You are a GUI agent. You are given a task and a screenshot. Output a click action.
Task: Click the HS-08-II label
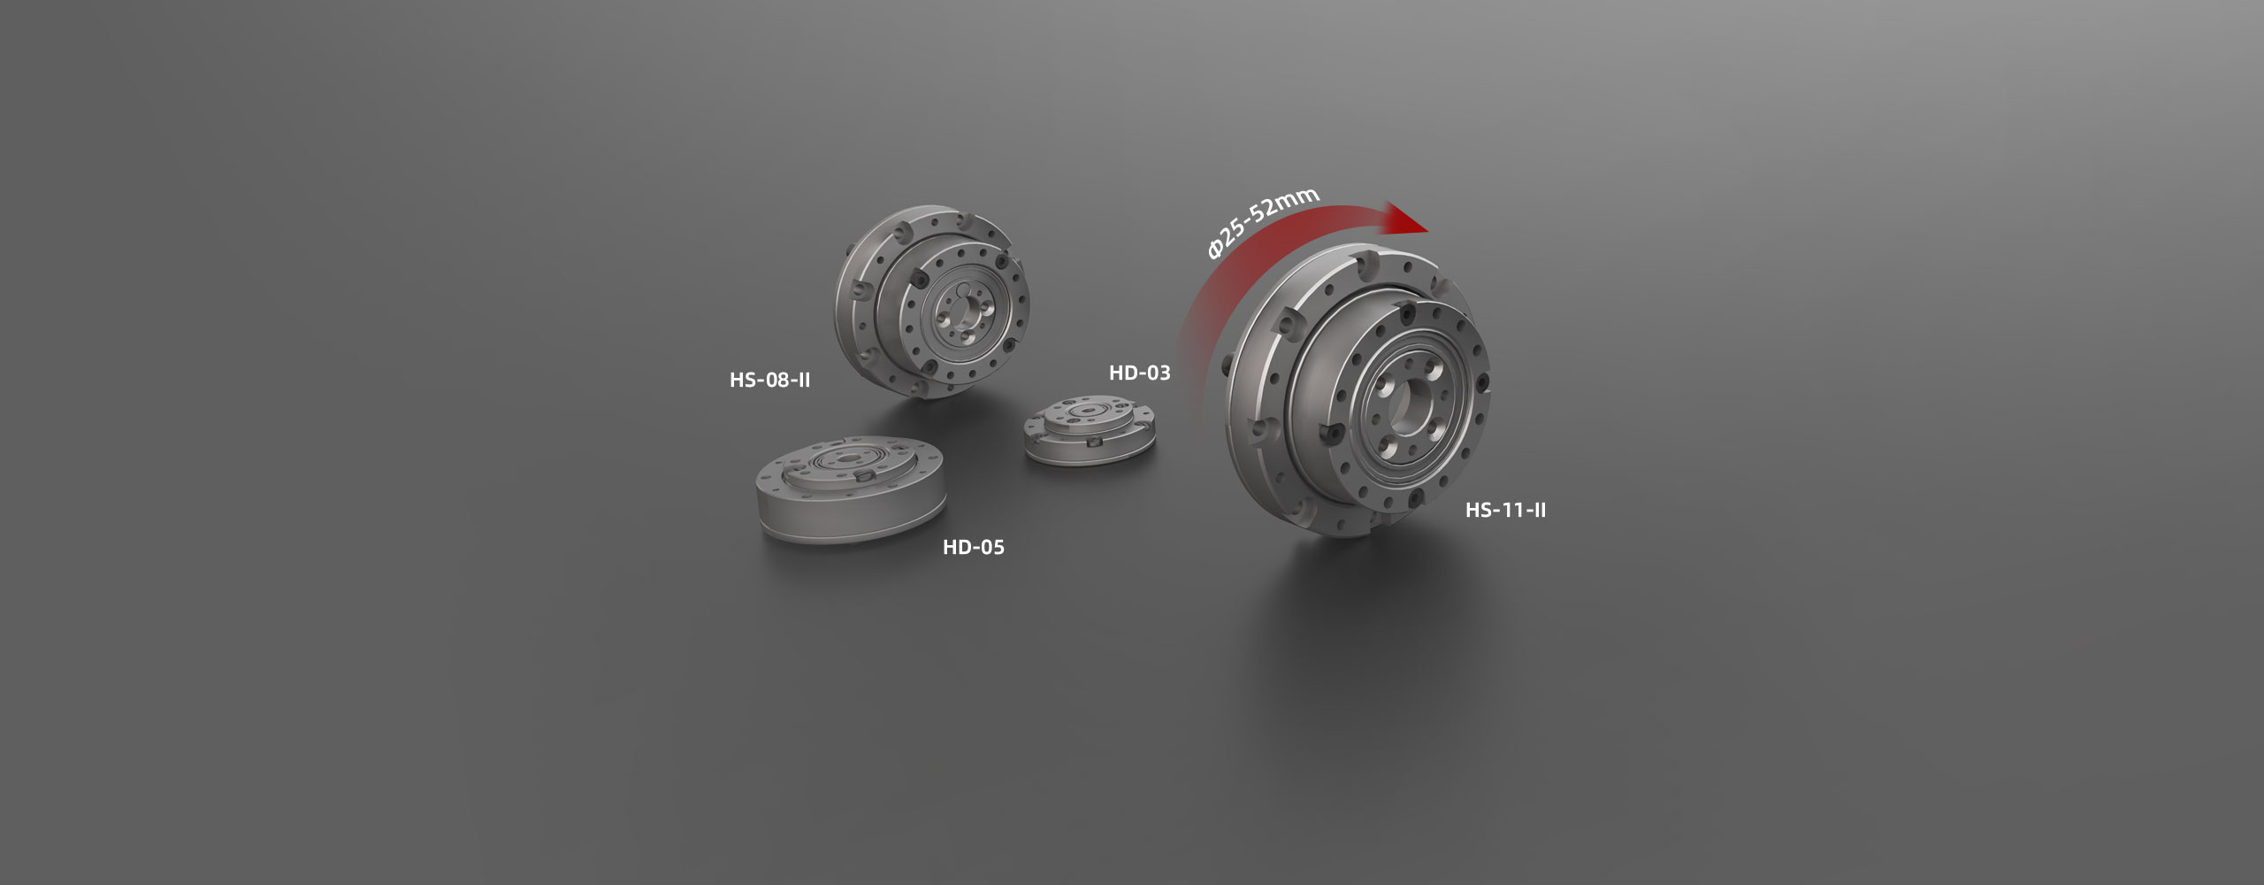click(769, 381)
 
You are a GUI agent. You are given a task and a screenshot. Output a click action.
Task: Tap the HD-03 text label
click(1139, 373)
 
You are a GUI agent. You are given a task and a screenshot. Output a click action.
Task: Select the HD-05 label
click(974, 547)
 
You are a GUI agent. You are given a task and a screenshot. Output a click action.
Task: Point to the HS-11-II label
click(1505, 510)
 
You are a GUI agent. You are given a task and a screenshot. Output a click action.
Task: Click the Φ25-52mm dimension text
click(1263, 223)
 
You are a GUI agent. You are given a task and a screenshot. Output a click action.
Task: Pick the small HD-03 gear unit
click(1090, 429)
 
